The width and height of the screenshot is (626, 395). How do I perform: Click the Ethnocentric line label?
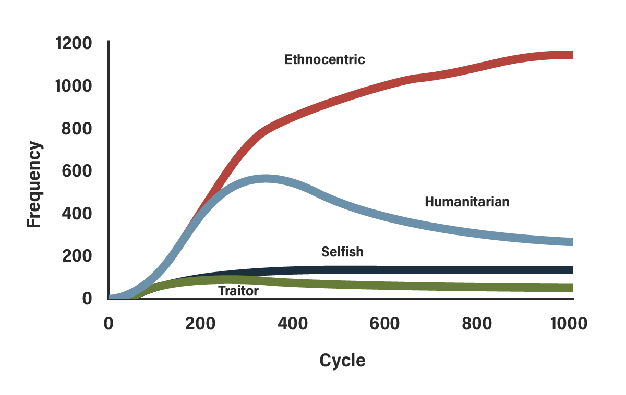click(324, 59)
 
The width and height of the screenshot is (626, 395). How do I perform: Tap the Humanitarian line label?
click(466, 202)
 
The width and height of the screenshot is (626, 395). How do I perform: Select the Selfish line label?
click(342, 252)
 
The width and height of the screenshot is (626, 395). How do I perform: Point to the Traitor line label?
click(238, 291)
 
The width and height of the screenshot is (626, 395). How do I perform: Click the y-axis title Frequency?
click(34, 186)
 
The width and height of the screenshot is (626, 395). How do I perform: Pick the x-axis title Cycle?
click(342, 361)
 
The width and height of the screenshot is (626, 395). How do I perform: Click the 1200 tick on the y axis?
click(73, 43)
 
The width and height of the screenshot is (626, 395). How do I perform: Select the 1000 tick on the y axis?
click(73, 85)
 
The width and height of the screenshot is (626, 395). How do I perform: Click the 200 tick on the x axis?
click(200, 324)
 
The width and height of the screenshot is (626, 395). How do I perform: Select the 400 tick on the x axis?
click(293, 324)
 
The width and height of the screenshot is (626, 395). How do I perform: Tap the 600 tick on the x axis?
click(385, 324)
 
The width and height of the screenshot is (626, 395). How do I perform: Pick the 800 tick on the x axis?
click(477, 324)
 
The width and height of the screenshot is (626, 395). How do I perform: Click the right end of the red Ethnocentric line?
click(572, 55)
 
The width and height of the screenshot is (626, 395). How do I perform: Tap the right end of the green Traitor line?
click(572, 288)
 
